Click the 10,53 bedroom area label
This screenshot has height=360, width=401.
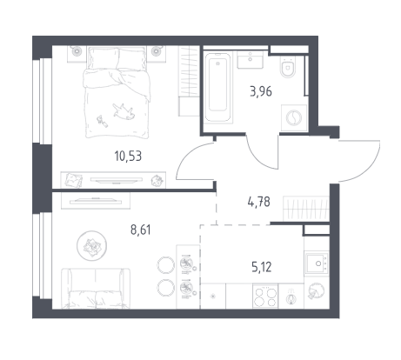click(128, 157)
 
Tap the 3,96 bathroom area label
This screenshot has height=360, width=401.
click(261, 91)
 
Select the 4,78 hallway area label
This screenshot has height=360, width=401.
click(258, 202)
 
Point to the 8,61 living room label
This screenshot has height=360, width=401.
click(141, 230)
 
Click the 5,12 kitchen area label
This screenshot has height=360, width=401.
click(262, 267)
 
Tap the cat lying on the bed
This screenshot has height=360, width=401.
click(124, 111)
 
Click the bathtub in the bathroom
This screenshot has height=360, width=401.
click(218, 87)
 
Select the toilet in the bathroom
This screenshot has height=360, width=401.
click(288, 67)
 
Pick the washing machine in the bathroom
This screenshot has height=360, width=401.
click(294, 117)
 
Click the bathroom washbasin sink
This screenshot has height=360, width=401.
click(251, 60)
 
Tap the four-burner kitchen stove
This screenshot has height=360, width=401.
click(265, 297)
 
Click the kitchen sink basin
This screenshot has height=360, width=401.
click(317, 263)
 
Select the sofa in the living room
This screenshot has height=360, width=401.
click(96, 288)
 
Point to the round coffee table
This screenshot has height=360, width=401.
click(91, 245)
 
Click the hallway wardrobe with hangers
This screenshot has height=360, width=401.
click(306, 209)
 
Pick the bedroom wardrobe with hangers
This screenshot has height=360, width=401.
click(189, 81)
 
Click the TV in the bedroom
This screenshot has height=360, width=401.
click(117, 180)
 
